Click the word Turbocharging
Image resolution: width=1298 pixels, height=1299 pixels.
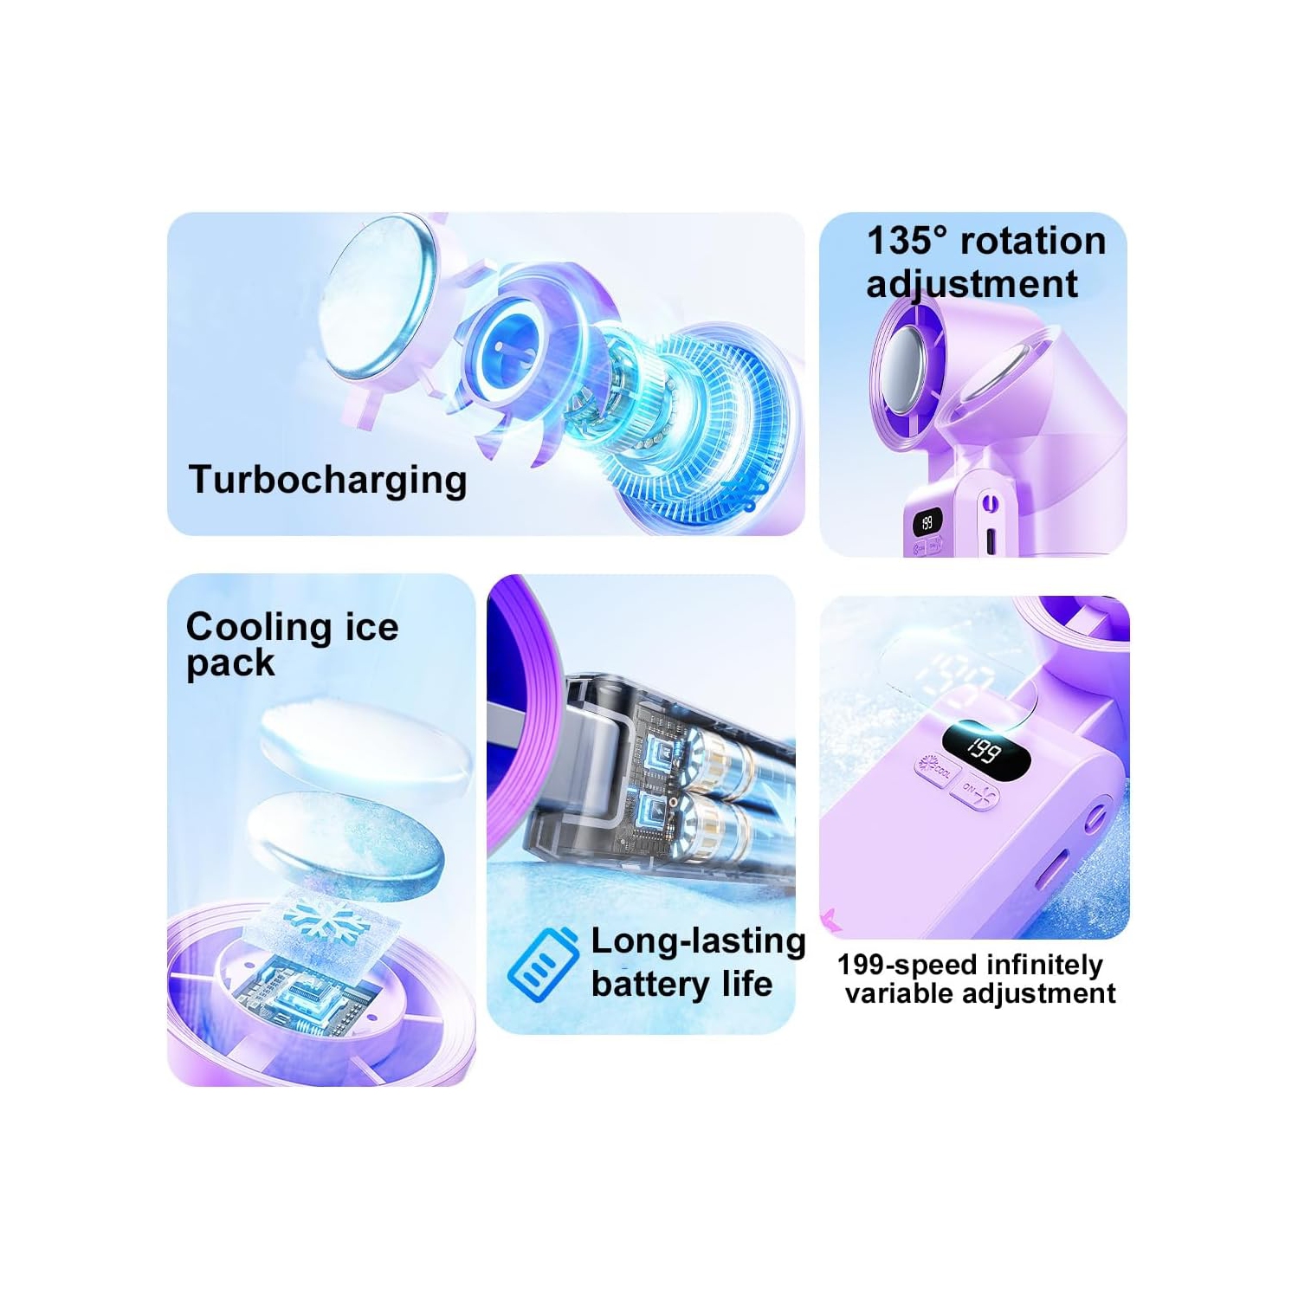coord(327,480)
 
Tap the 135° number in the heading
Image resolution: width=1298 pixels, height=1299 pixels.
coord(907,242)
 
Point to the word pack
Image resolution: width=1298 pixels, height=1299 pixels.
coord(230,663)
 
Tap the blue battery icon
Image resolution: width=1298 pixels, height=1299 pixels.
coord(544,962)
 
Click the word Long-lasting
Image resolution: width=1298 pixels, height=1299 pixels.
coord(697,941)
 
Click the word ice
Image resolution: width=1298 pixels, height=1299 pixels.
coord(371,627)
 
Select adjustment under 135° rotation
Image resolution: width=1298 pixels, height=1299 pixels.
coord(972,285)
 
